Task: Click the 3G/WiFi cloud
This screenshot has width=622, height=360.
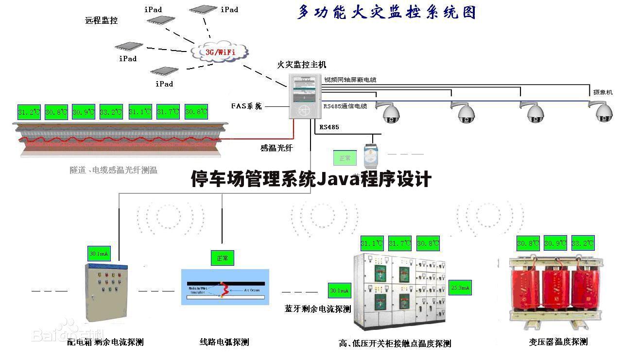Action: click(x=220, y=51)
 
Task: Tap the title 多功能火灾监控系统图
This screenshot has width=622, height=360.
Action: click(x=386, y=12)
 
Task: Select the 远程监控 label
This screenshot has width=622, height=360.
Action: click(x=102, y=20)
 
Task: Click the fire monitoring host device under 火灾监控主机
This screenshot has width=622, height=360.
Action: click(x=306, y=96)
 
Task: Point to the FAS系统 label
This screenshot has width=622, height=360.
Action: click(x=246, y=106)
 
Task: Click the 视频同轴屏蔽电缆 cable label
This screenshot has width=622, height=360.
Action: click(x=350, y=80)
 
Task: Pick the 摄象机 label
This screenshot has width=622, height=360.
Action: click(x=603, y=92)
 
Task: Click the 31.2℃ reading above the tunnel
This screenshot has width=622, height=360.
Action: click(x=29, y=112)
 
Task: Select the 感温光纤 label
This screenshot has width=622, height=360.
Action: click(x=276, y=148)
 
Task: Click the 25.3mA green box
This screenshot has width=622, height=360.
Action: click(x=460, y=288)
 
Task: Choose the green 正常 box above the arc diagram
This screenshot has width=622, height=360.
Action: click(x=223, y=258)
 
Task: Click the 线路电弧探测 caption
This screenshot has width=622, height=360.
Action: click(x=224, y=342)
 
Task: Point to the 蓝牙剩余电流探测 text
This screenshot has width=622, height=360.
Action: click(x=318, y=309)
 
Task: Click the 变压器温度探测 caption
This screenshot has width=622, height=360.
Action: click(x=558, y=342)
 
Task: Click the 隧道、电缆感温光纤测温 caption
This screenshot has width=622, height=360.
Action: click(x=113, y=170)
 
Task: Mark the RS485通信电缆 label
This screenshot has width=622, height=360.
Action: click(x=345, y=106)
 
